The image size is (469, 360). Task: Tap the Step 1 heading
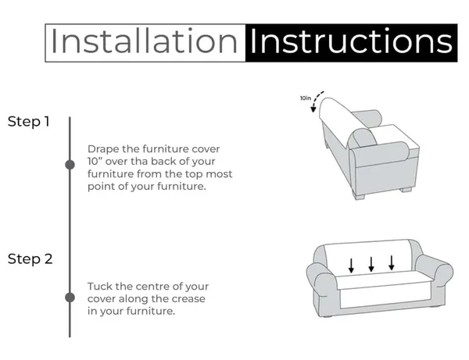(x=29, y=122)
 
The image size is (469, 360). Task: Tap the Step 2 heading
(x=30, y=259)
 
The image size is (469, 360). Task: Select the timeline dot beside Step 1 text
(x=70, y=165)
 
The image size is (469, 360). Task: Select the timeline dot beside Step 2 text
(x=70, y=298)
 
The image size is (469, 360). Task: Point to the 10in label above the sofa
(x=306, y=98)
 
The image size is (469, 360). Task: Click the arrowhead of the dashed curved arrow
(x=313, y=109)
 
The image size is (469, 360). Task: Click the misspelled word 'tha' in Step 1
(x=139, y=162)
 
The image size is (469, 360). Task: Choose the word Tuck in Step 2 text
(x=100, y=287)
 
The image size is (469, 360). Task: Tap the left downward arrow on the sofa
(x=351, y=266)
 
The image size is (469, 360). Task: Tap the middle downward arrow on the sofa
(x=371, y=264)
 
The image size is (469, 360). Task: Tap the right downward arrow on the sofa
(x=392, y=262)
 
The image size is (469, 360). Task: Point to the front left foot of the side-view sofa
(x=359, y=196)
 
